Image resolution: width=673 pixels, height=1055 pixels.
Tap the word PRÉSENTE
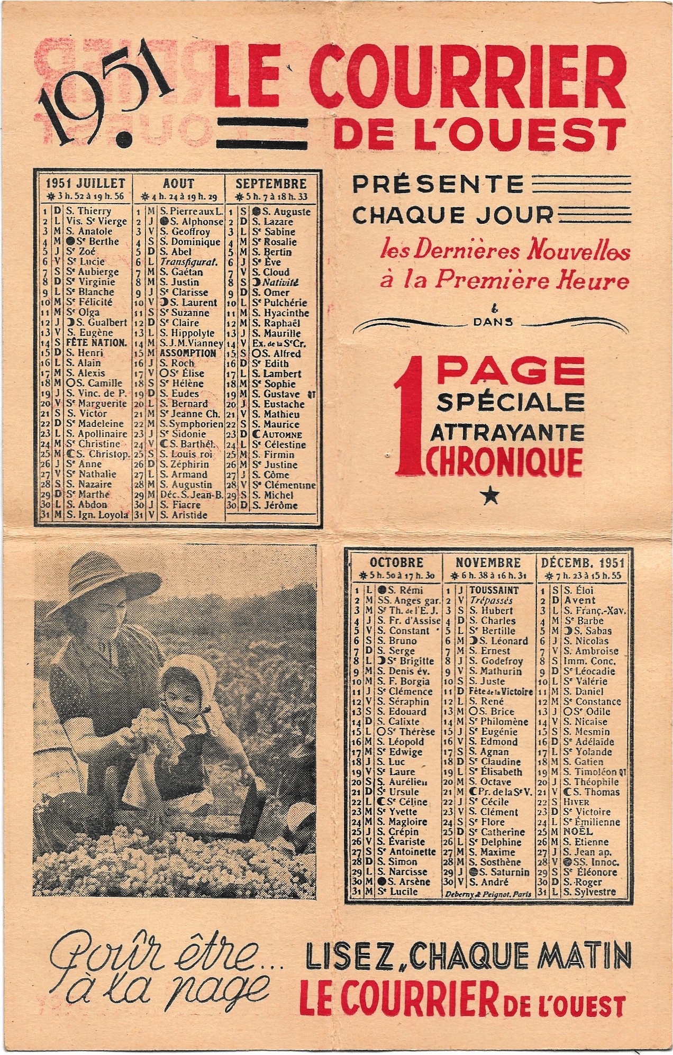click(x=438, y=185)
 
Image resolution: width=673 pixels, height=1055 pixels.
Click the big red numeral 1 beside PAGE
click(x=411, y=413)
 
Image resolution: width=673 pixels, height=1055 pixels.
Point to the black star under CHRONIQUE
click(x=491, y=496)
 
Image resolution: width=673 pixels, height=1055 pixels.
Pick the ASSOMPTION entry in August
click(x=188, y=353)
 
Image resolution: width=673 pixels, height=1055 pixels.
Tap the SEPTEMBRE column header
click(x=271, y=184)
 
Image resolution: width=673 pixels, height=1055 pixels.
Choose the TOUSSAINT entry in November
click(x=494, y=590)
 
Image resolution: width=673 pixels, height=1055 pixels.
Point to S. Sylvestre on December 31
click(x=589, y=892)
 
